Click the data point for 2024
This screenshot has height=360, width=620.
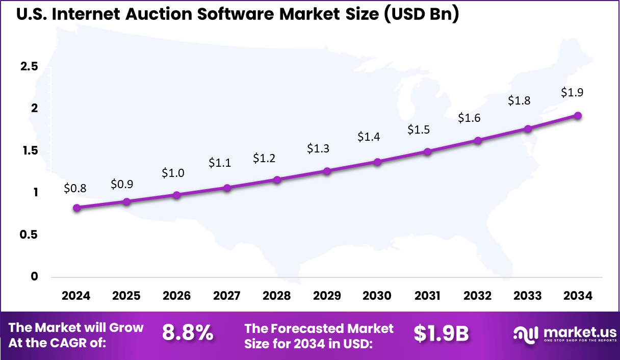tap(76, 208)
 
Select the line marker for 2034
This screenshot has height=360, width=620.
tap(578, 115)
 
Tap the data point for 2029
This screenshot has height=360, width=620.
tap(327, 171)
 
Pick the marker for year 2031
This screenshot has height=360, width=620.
tap(427, 151)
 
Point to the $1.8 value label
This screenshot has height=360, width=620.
tap(519, 100)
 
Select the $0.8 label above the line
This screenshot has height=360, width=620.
tap(75, 188)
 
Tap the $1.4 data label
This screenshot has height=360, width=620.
tap(369, 137)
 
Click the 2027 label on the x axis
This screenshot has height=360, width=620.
tap(227, 296)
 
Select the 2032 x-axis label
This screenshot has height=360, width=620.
tap(478, 296)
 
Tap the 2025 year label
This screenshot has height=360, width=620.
tap(126, 296)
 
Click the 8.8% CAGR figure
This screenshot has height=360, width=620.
tap(188, 333)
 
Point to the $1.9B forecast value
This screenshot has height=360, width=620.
tap(441, 333)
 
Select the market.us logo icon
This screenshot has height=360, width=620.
tap(525, 334)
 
